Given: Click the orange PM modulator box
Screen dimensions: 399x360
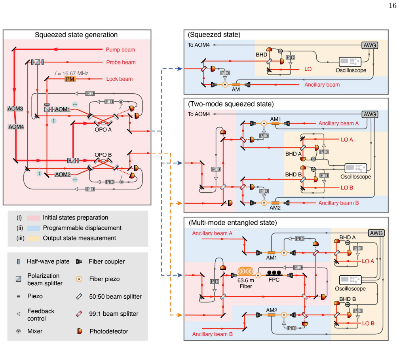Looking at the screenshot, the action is click(x=70, y=79).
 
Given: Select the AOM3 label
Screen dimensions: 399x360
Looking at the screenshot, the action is click(x=15, y=108).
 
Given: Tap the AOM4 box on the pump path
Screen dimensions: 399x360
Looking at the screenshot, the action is click(x=16, y=127).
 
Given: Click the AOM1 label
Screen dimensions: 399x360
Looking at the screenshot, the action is click(x=63, y=109).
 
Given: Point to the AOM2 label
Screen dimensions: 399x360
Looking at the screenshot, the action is click(x=63, y=174).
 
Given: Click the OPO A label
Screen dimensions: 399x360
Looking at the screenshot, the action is click(x=103, y=130).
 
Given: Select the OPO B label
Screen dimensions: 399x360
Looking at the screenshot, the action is click(x=103, y=155).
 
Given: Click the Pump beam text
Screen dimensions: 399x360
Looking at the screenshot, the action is click(x=120, y=49).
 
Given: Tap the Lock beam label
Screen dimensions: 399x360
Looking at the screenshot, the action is click(x=120, y=79).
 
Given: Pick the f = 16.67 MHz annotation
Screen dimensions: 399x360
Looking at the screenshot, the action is click(x=71, y=73).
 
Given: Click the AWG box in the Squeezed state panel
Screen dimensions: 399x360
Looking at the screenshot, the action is click(x=370, y=45).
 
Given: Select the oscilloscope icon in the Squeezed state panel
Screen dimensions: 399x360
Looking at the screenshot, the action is click(x=350, y=62).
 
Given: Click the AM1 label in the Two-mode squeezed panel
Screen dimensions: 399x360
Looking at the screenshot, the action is click(x=275, y=119).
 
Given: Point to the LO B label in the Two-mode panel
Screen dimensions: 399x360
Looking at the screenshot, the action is click(x=347, y=188).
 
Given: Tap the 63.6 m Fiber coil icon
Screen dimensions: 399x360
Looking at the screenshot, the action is click(x=245, y=271).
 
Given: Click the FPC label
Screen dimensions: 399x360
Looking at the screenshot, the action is click(x=274, y=280).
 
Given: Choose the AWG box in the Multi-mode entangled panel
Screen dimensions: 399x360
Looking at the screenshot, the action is click(x=376, y=233).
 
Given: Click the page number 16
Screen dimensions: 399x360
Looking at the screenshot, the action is click(x=393, y=6).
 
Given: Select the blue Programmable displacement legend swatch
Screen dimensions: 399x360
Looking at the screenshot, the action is click(x=33, y=228).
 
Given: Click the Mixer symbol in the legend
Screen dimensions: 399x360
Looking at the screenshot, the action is click(x=18, y=331).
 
